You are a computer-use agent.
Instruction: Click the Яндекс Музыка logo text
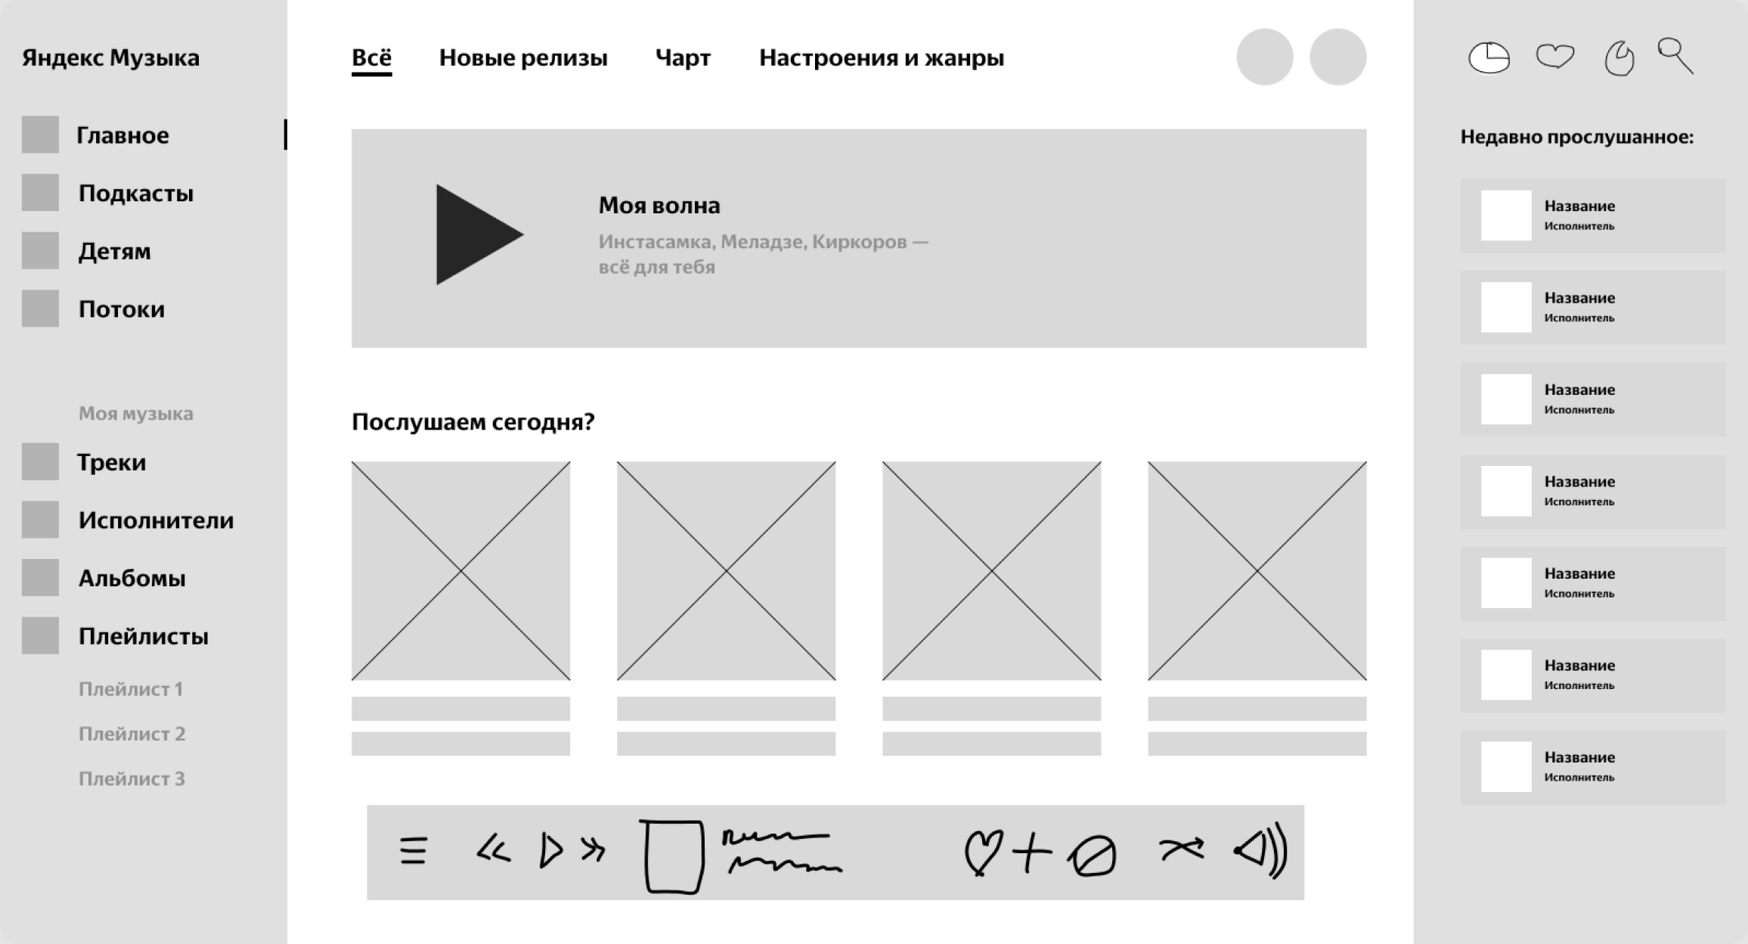(x=110, y=58)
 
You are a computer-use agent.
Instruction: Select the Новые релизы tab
(x=523, y=58)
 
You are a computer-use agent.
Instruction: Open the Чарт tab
(x=683, y=58)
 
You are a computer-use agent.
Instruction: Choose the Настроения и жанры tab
(x=882, y=58)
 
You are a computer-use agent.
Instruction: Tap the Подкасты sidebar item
(x=136, y=194)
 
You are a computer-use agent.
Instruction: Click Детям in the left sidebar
(x=114, y=252)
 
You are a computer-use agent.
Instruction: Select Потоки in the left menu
(x=122, y=309)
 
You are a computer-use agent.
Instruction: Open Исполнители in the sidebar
(x=156, y=520)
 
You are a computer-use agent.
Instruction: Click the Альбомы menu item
(x=132, y=579)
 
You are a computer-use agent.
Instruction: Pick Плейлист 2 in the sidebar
(x=132, y=734)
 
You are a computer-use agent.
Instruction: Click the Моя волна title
(x=659, y=206)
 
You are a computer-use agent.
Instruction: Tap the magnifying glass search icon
(x=1675, y=56)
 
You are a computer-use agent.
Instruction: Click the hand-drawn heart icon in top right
(x=1555, y=56)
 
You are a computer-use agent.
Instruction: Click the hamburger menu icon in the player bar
(x=414, y=850)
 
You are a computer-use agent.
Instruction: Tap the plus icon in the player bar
(x=1032, y=852)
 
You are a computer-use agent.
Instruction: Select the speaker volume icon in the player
(x=1260, y=851)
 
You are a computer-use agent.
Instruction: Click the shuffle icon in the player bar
(x=1182, y=849)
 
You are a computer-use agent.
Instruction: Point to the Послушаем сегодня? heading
(x=473, y=422)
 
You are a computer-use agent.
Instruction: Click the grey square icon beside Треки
(x=40, y=461)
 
